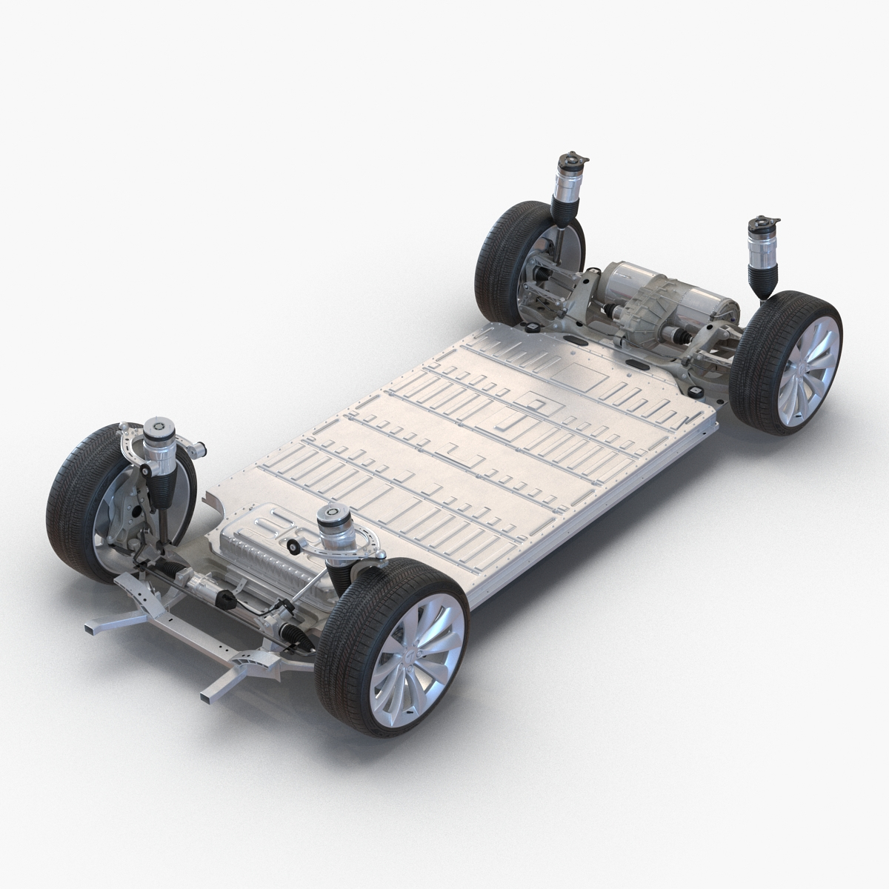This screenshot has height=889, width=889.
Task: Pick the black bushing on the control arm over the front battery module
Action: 293,547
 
